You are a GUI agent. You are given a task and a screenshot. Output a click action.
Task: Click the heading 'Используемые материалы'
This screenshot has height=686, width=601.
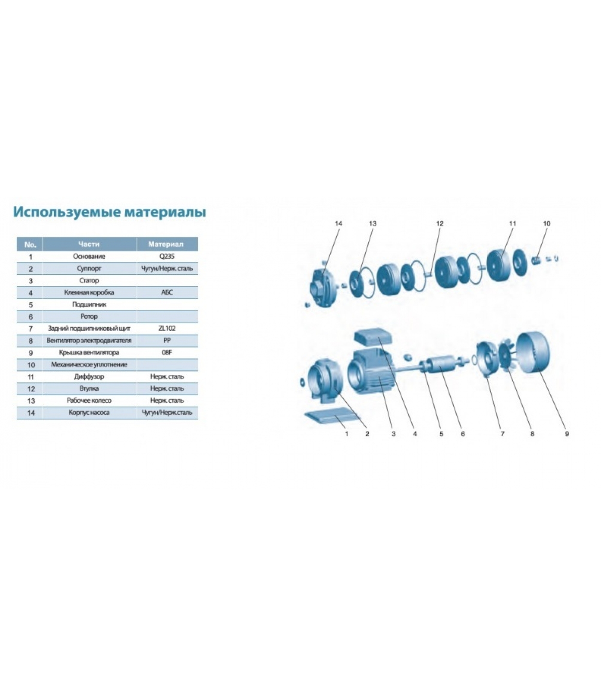pyautogui.click(x=109, y=212)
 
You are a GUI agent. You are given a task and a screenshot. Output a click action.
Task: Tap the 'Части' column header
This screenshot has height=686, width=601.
pyautogui.click(x=89, y=244)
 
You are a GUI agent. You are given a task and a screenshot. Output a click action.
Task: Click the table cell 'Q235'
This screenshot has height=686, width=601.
pyautogui.click(x=167, y=256)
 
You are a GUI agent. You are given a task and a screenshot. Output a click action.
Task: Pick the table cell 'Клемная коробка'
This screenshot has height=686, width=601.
pyautogui.click(x=89, y=292)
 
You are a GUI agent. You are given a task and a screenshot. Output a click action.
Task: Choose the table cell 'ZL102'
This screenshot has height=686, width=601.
pyautogui.click(x=167, y=328)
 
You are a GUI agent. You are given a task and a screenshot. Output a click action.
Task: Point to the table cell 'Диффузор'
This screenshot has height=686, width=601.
pyautogui.click(x=89, y=376)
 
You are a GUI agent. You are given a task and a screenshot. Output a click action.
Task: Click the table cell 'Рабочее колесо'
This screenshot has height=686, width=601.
pyautogui.click(x=89, y=400)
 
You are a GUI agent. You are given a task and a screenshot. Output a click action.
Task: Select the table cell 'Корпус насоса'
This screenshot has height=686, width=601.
pyautogui.click(x=89, y=412)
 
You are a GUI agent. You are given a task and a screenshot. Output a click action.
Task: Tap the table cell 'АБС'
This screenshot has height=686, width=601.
pyautogui.click(x=167, y=292)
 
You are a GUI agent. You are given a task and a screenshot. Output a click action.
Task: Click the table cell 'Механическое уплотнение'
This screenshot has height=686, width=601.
pyautogui.click(x=89, y=364)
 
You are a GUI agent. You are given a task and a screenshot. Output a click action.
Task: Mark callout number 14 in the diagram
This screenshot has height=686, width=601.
pyautogui.click(x=339, y=223)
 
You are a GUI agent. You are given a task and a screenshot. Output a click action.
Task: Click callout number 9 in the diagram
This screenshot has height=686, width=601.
pyautogui.click(x=567, y=434)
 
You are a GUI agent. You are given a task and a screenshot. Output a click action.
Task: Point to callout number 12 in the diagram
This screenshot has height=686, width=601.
pyautogui.click(x=440, y=223)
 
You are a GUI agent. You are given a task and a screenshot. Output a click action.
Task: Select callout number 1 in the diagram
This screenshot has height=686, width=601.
pyautogui.click(x=347, y=434)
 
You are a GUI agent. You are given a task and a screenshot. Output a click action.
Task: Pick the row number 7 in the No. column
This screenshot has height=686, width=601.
pyautogui.click(x=30, y=329)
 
